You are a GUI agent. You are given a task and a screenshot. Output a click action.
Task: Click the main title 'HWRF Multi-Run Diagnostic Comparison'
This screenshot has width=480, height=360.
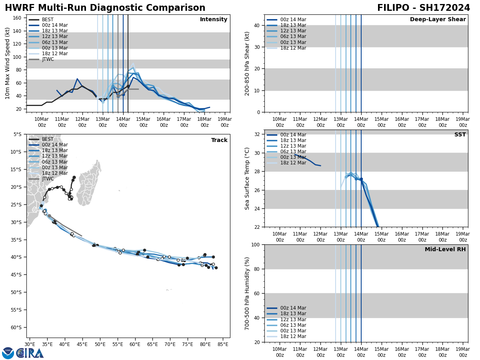pos(105,8)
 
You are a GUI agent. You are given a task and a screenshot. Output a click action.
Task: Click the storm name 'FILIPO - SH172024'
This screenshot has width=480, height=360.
pos(423,8)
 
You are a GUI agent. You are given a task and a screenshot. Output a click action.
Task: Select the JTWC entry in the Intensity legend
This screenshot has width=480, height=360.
pos(48,59)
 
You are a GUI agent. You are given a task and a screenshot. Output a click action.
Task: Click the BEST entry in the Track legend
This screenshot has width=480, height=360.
pos(48,139)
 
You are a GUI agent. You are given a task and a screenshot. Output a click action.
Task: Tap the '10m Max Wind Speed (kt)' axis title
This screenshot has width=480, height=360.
pos(7,63)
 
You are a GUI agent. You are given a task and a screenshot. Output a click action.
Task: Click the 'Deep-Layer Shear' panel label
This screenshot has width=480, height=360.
pos(438,20)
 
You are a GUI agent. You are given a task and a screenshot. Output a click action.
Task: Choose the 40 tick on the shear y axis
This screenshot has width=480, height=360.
pos(256,25)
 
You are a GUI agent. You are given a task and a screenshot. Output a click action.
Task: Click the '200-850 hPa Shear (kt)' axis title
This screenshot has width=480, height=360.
pos(247,63)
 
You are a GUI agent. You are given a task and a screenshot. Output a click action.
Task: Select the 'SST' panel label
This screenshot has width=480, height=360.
pos(460,135)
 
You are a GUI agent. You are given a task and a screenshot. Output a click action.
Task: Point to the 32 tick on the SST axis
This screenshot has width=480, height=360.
pos(258,134)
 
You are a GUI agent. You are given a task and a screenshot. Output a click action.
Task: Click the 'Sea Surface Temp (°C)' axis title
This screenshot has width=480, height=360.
pos(247,178)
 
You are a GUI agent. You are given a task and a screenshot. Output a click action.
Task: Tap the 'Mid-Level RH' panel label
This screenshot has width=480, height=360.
pos(445,250)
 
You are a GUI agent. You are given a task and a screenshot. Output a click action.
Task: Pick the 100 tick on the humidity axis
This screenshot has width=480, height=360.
pos(254,244)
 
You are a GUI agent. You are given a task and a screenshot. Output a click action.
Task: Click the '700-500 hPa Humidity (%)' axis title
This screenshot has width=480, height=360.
pos(247,293)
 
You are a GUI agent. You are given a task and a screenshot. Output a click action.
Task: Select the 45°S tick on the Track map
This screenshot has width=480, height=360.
pos(16,274)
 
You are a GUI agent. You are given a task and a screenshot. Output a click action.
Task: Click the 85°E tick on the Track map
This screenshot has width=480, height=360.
pos(223,344)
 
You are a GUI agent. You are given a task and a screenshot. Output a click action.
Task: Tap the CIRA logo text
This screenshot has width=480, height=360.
pos(30,353)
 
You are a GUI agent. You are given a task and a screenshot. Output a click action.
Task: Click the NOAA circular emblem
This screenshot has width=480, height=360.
pos(8,353)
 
